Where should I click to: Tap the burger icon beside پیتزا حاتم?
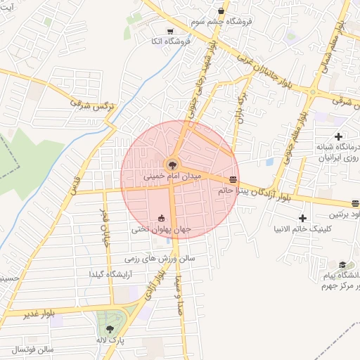tap(233, 179)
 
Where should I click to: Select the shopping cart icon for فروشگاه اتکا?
tap(171, 32)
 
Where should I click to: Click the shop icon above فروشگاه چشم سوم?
tap(221, 12)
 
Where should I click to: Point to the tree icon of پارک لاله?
tap(109, 328)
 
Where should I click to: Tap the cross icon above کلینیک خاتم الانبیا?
tap(303, 219)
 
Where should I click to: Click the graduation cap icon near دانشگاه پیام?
tap(342, 265)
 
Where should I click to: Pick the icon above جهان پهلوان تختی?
tap(162, 218)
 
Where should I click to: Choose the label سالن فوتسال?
tap(32, 349)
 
